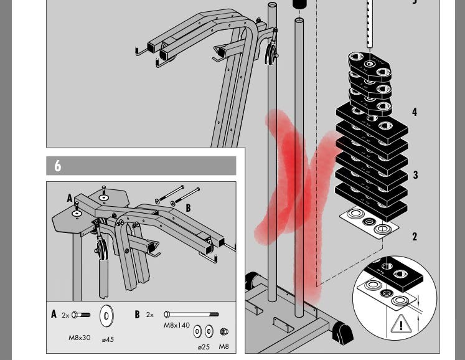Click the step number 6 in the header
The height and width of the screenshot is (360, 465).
(58, 166)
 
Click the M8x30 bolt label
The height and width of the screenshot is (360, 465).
(80, 338)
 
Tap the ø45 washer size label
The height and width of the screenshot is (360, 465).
(108, 339)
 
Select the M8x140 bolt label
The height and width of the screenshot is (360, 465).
(177, 325)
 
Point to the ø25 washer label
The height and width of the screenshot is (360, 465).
(204, 347)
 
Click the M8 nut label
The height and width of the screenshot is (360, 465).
(224, 346)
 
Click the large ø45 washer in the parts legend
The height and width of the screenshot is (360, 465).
(106, 315)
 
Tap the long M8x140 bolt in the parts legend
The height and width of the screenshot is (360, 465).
(191, 315)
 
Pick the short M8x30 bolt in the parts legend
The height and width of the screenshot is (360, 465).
(81, 315)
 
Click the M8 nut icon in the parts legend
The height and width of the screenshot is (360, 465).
(224, 331)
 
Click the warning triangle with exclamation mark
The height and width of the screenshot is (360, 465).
(401, 324)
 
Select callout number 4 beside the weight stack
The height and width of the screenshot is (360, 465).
(415, 112)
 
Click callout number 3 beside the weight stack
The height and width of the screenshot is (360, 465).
(415, 175)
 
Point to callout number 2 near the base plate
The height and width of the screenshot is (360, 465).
(415, 237)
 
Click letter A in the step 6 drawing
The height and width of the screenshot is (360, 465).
(70, 198)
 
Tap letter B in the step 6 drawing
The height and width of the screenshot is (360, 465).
(188, 208)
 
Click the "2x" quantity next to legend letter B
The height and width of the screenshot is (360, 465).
(150, 315)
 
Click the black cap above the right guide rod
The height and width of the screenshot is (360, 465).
(299, 4)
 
